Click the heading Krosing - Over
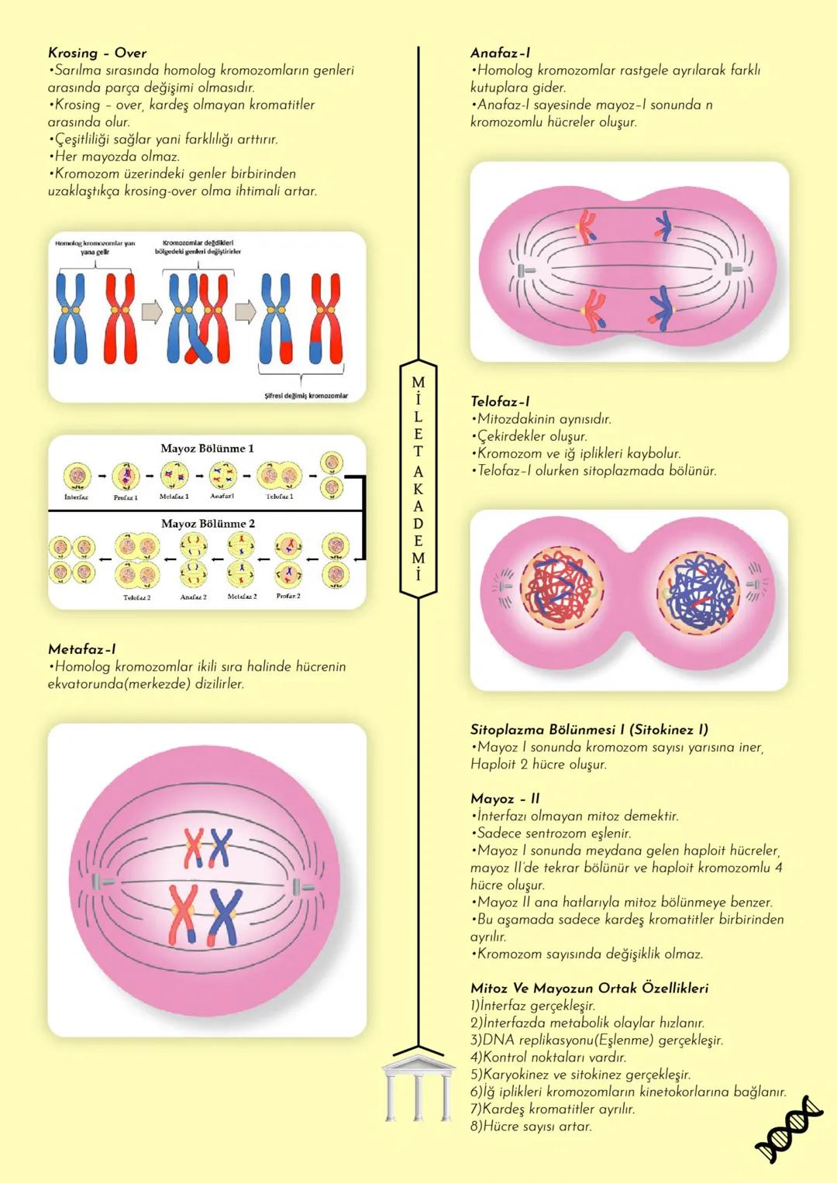[97, 53]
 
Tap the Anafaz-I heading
[500, 53]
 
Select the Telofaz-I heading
[500, 401]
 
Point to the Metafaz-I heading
[81, 649]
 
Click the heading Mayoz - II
[505, 799]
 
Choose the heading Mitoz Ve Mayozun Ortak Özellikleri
[589, 988]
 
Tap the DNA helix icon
[788, 1130]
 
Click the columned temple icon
[418, 1085]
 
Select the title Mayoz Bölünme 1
[207, 449]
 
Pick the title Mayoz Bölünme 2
[208, 524]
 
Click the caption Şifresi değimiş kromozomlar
[306, 395]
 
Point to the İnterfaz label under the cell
[76, 497]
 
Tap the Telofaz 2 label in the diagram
[137, 597]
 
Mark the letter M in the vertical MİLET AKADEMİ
[418, 383]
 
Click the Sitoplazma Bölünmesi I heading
[589, 729]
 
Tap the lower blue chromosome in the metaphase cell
[225, 915]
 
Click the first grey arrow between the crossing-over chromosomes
[152, 312]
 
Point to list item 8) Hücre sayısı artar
[531, 1126]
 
